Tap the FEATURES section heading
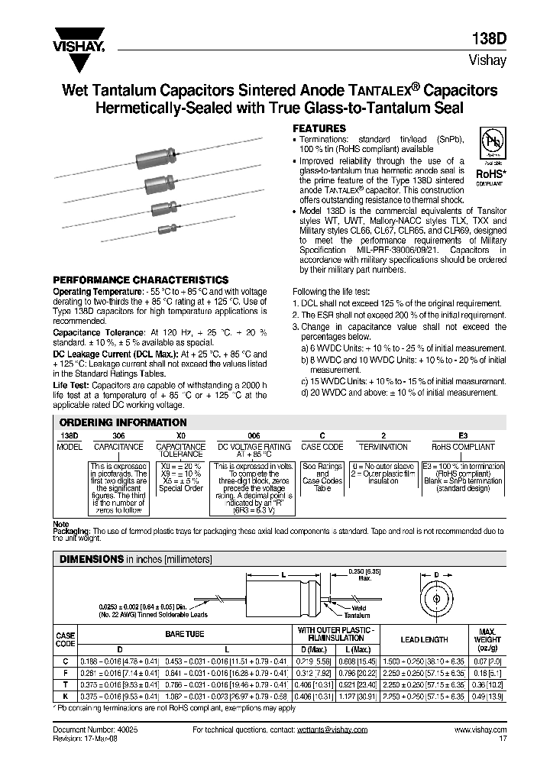click(320, 128)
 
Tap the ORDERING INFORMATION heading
click(123, 422)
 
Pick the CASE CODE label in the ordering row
click(322, 447)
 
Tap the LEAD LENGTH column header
click(424, 639)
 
